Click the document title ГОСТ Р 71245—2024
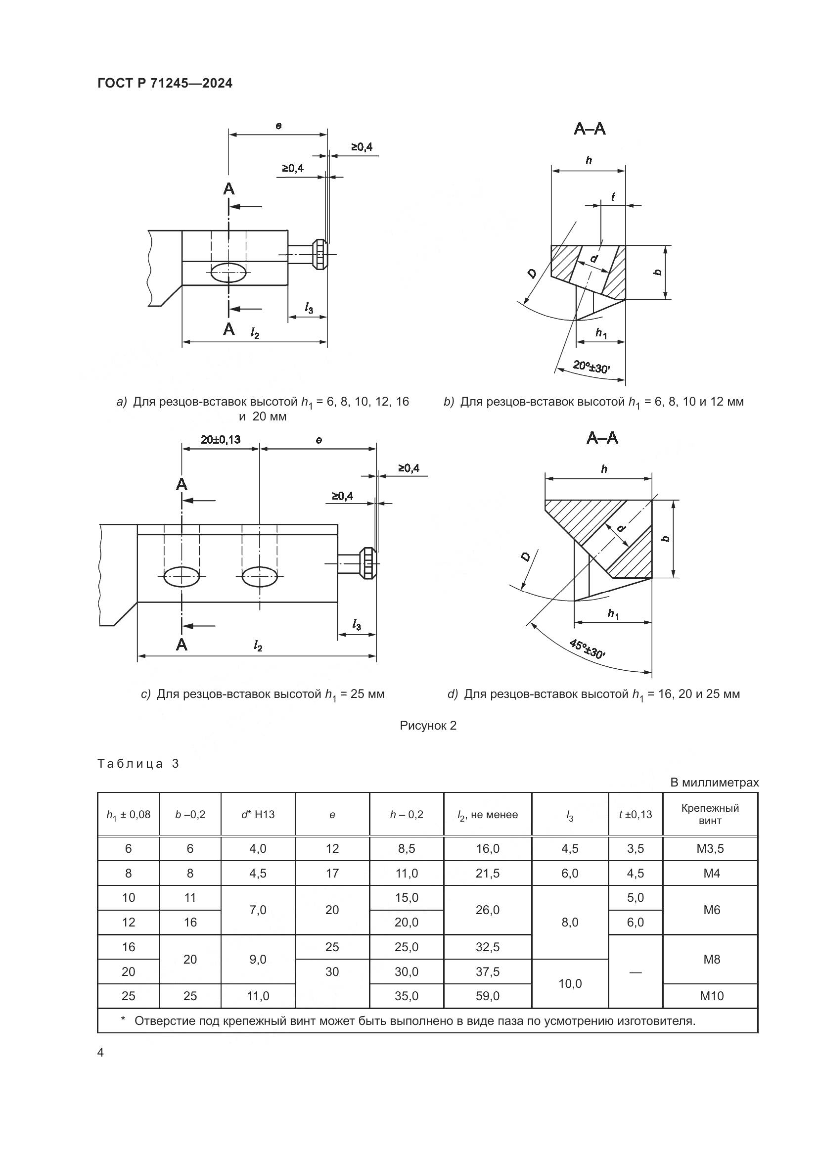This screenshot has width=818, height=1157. [165, 84]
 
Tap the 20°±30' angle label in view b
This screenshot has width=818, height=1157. [591, 367]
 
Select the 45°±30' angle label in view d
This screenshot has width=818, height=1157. [587, 649]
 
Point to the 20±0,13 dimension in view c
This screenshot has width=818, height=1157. [220, 439]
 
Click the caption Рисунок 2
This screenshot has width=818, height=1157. [428, 725]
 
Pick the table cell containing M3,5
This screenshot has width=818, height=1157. [710, 849]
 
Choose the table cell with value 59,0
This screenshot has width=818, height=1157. [487, 996]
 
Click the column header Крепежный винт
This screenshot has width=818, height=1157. [710, 814]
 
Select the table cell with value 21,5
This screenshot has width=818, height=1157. [487, 873]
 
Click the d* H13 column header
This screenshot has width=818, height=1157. [257, 814]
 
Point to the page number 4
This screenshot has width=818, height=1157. [100, 1053]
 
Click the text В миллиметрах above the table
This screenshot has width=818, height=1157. [714, 783]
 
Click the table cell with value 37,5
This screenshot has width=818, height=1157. [487, 972]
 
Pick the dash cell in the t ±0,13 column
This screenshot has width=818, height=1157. [635, 972]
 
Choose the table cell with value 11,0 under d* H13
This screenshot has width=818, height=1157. [257, 996]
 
